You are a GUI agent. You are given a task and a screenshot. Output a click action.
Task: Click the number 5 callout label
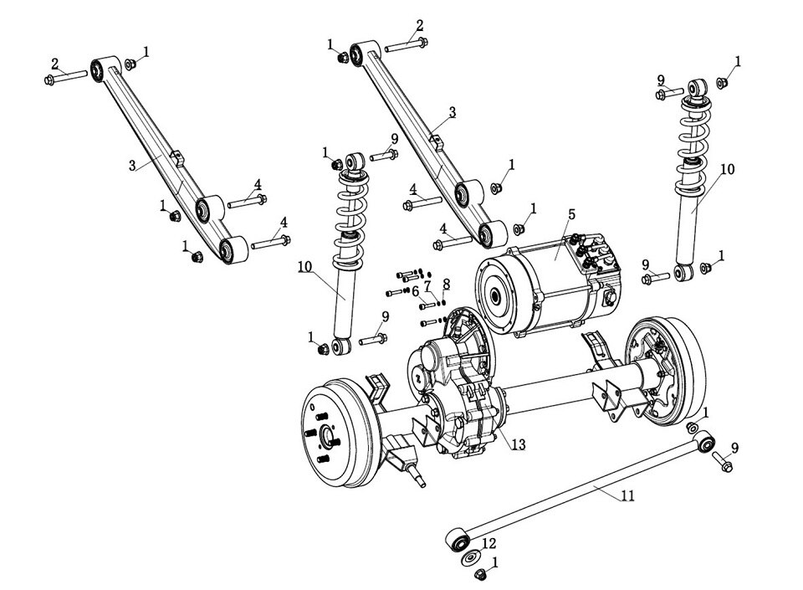tap(571, 214)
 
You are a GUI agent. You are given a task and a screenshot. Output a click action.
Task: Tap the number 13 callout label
tap(518, 444)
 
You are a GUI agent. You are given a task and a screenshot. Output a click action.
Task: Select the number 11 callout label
tap(627, 495)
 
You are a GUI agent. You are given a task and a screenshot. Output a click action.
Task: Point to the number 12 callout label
tap(489, 543)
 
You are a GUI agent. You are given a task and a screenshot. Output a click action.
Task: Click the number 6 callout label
tap(415, 290)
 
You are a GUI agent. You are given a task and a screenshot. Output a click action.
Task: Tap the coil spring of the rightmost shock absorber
tap(693, 130)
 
